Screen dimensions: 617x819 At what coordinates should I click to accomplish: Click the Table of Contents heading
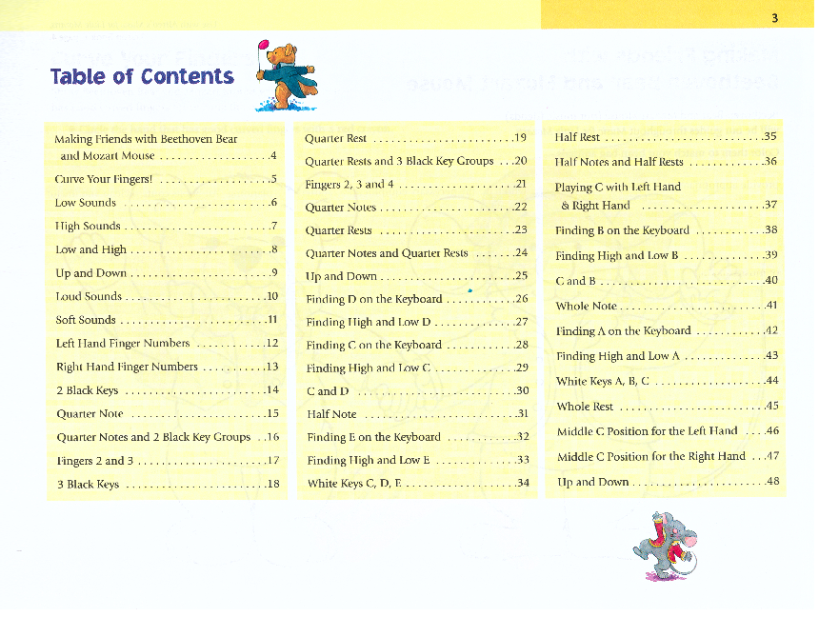coord(142,77)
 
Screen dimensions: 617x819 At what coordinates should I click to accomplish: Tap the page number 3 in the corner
coord(775,16)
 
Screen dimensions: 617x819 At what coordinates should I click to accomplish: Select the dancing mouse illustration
coord(666,544)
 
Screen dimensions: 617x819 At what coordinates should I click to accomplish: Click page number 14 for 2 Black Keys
coord(272,389)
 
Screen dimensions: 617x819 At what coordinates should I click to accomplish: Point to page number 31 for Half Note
coord(522,414)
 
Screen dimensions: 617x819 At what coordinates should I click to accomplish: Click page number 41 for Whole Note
coord(771,306)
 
